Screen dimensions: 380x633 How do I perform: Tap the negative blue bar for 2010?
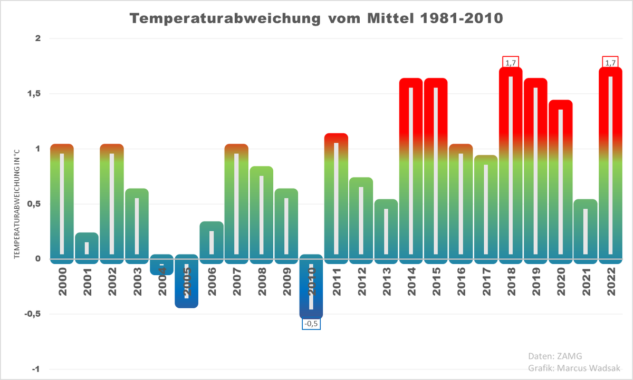[x=311, y=287]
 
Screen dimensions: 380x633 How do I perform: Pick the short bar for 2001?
[x=87, y=248]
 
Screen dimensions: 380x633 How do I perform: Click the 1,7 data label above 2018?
[x=511, y=62]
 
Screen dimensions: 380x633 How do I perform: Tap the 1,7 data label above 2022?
[x=610, y=62]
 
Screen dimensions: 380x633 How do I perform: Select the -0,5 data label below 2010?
[x=311, y=324]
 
